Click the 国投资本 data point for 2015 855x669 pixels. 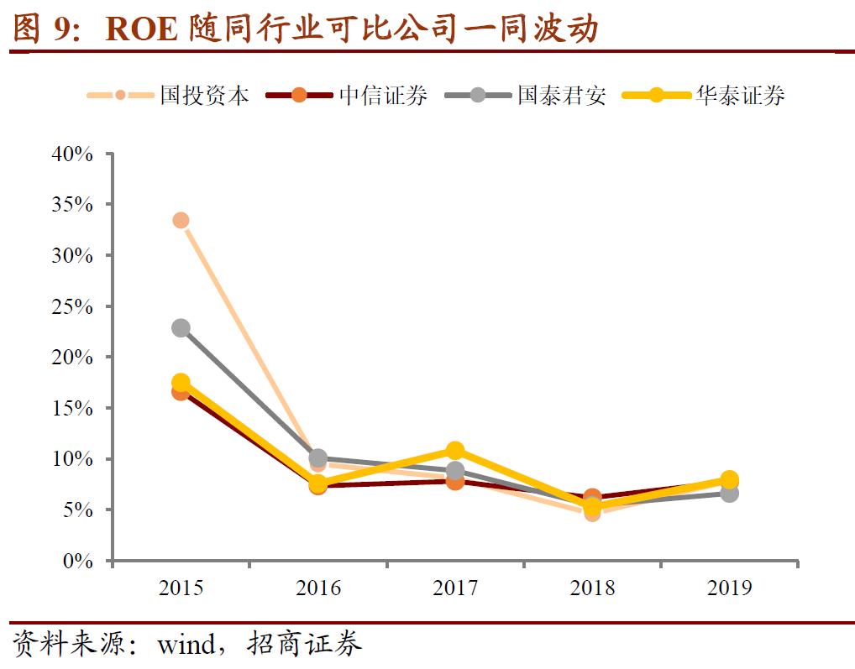click(181, 220)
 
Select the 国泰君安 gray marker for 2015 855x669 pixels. click(181, 327)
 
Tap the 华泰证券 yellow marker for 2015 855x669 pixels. click(181, 382)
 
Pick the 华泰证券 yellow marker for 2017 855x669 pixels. click(455, 450)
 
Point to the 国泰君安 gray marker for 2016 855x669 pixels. click(317, 458)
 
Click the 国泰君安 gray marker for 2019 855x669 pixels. click(730, 494)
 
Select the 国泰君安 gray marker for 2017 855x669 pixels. click(455, 471)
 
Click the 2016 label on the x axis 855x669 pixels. click(318, 588)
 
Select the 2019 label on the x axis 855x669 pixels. click(730, 588)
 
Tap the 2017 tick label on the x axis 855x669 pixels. click(455, 588)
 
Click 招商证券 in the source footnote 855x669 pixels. click(305, 645)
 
